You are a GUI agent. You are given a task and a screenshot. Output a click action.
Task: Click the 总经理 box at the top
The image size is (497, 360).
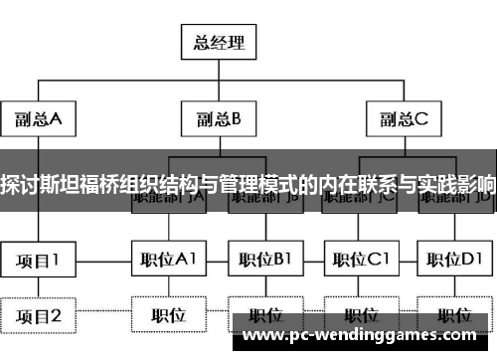pos(218,43)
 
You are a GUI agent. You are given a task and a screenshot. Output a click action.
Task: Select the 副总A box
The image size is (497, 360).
pos(37,120)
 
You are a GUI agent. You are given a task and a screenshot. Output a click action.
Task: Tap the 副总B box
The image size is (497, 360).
pos(218,120)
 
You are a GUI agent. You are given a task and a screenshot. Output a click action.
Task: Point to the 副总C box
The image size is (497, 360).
pos(402,120)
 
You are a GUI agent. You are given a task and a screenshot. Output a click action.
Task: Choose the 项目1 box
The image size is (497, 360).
pos(38,261)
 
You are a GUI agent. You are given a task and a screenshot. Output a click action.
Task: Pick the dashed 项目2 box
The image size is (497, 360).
pos(38,317)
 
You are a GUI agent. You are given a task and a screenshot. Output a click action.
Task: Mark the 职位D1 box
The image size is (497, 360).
pos(456,261)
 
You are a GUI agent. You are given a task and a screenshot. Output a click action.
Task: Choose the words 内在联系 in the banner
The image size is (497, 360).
pos(364,184)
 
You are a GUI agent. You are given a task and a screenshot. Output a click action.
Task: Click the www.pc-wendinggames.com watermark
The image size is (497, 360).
pos(368,335)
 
